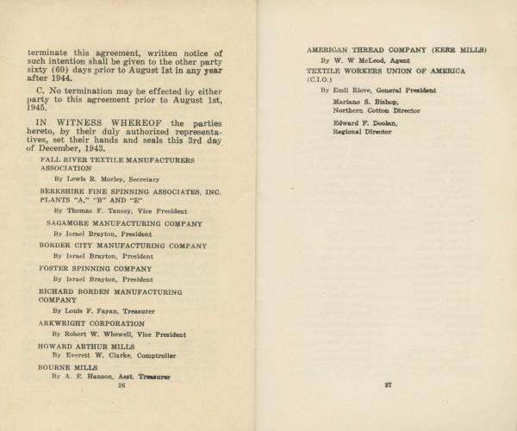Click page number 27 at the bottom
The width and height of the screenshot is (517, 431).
pos(389,385)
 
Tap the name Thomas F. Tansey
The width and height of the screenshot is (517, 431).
pos(96,210)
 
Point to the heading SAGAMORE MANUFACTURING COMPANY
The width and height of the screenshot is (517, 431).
pos(124,223)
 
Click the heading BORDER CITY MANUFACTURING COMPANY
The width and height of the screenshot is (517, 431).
pos(123,245)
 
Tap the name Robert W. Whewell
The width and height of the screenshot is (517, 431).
pos(99,334)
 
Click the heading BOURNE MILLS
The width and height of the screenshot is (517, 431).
pos(68,366)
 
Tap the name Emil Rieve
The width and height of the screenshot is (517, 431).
pos(351,90)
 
